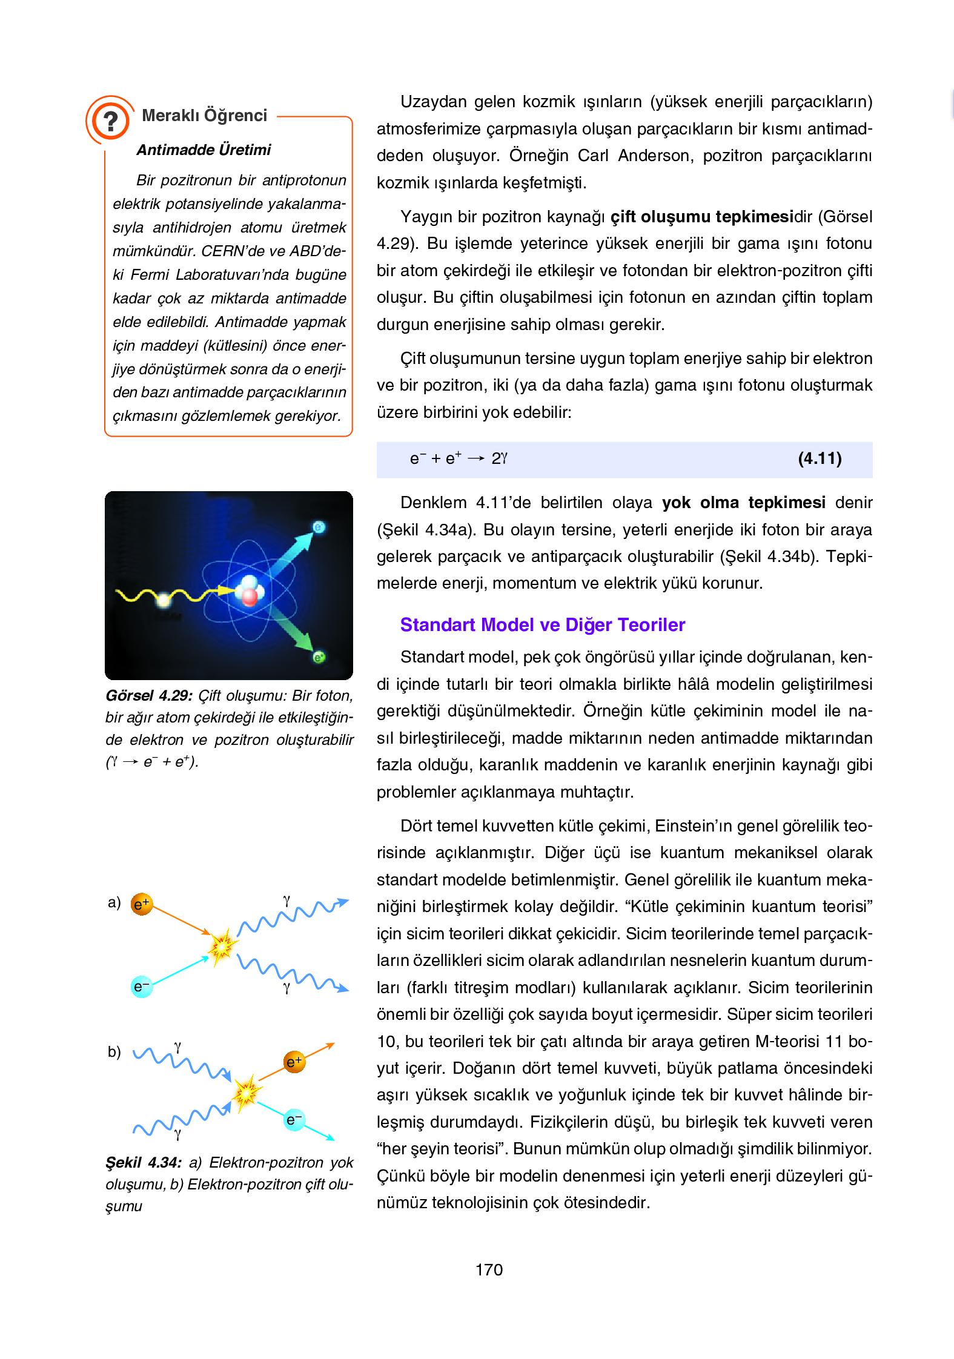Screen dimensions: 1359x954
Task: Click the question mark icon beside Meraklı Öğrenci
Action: pos(110,121)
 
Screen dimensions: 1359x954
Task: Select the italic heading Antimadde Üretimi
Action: pos(204,150)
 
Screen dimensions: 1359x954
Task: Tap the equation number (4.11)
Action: pos(820,458)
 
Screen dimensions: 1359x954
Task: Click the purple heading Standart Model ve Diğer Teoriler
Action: pos(542,625)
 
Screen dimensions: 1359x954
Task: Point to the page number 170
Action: pos(489,1270)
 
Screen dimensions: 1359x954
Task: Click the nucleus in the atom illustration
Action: pos(249,590)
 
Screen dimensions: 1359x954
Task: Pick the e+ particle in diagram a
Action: pos(142,905)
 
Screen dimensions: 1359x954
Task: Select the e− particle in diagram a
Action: pos(141,987)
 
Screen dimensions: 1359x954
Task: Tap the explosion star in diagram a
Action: pos(222,945)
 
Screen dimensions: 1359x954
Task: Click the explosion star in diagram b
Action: pos(246,1093)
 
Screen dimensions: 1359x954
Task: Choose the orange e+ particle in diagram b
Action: pos(294,1062)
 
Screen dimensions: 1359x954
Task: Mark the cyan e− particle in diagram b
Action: pos(294,1120)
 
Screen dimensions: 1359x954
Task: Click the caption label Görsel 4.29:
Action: pos(149,696)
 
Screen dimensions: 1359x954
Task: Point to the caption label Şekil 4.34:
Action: pos(144,1163)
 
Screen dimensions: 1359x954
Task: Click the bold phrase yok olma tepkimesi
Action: pos(743,503)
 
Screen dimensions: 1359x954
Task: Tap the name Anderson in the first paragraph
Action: pos(655,156)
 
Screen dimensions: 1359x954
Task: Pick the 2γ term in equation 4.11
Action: pos(499,458)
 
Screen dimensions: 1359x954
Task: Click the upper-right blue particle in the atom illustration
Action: pos(319,527)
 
